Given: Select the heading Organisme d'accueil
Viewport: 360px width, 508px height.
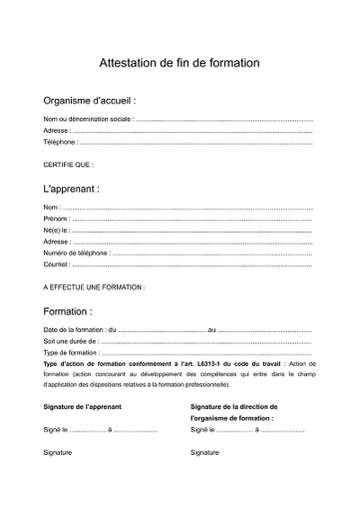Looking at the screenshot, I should pos(89,101).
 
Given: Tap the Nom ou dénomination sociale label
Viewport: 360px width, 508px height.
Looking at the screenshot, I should pos(88,119).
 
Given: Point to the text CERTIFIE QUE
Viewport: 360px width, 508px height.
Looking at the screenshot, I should pos(68,165).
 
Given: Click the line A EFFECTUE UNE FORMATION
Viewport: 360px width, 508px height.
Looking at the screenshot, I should pos(94,288).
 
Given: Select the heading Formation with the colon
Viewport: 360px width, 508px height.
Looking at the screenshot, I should pos(67,312).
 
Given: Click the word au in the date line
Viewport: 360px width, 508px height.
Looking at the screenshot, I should pos(211,330).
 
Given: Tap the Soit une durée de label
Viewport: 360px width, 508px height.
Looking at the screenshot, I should pos(70,342).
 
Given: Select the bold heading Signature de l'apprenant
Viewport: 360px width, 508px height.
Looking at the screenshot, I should pos(83,407).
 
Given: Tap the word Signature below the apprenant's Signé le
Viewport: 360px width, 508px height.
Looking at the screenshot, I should pos(58,452).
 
